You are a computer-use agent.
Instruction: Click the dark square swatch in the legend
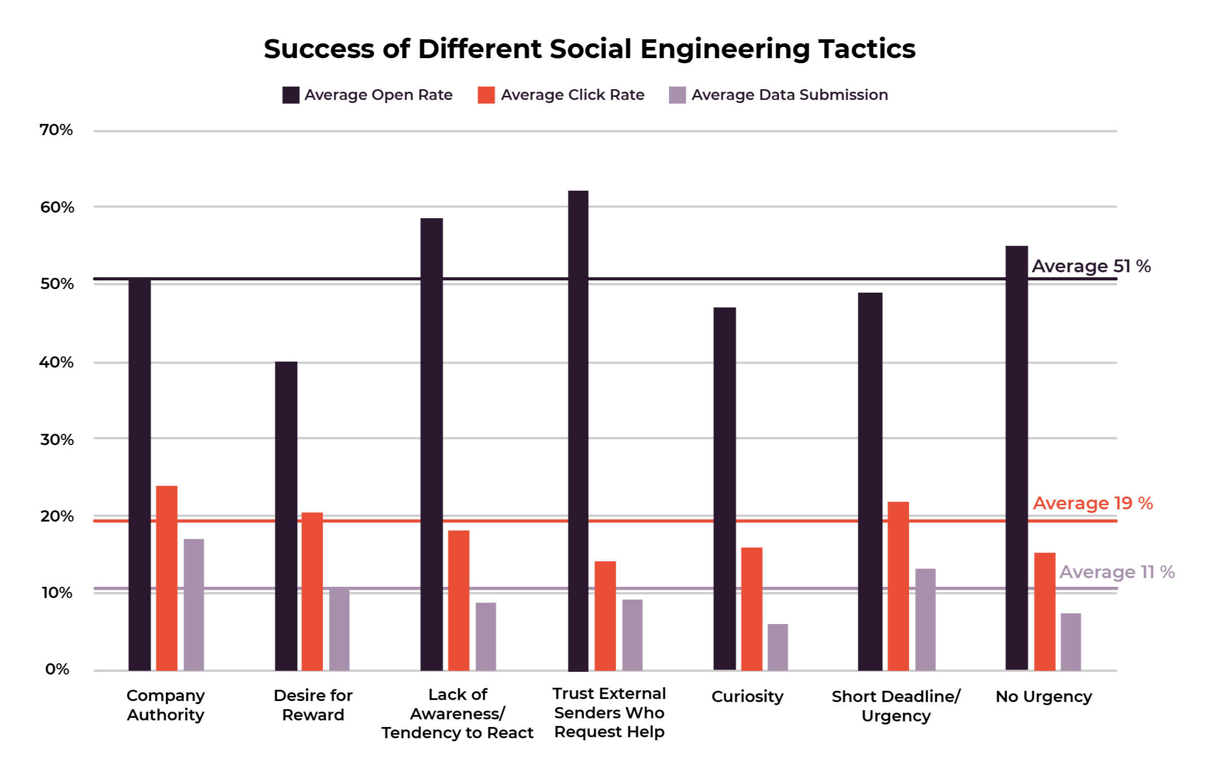point(291,95)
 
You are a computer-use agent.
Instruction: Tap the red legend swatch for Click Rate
point(486,95)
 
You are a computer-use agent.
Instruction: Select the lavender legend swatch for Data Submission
point(677,95)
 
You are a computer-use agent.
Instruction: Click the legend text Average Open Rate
point(378,95)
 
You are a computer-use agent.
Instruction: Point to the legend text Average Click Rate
point(572,95)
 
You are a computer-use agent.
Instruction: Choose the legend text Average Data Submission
point(790,95)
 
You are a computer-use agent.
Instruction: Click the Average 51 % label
point(1091,266)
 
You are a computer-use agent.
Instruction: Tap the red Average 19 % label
point(1093,503)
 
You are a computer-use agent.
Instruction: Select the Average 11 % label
point(1117,572)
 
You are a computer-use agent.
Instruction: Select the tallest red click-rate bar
point(167,578)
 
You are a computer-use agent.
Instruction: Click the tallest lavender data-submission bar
point(194,605)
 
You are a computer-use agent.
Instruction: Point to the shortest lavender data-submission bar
point(778,647)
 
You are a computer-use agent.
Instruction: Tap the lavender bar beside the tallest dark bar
point(632,635)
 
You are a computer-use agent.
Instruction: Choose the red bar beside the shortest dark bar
point(312,591)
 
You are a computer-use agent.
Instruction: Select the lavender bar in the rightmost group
point(1071,642)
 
